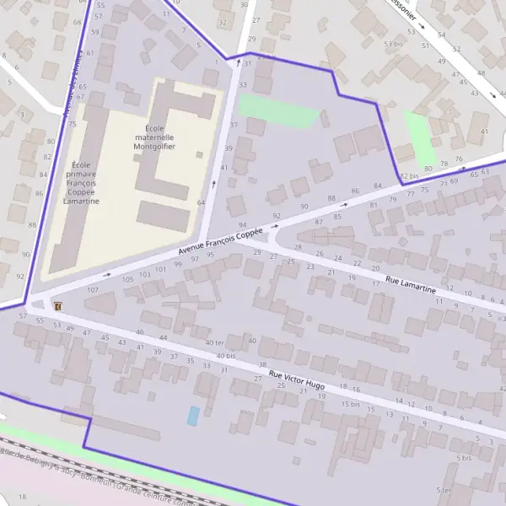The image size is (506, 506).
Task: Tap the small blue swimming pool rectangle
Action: [193, 416]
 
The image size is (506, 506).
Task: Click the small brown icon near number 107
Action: [57, 305]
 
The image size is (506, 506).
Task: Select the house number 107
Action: [93, 290]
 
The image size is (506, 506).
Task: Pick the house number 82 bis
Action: [409, 175]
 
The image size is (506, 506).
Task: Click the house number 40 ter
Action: [214, 342]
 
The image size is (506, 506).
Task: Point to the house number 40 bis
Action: [225, 356]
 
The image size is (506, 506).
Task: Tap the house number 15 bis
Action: [350, 405]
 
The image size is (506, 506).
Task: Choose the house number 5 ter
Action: [444, 490]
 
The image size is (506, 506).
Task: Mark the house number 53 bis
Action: [392, 44]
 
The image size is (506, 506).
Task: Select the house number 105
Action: [127, 279]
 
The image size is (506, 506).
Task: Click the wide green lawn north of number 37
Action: [279, 110]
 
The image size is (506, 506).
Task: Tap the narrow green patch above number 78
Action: [419, 137]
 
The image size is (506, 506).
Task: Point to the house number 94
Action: [243, 225]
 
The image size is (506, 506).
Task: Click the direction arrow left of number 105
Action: [107, 274]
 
